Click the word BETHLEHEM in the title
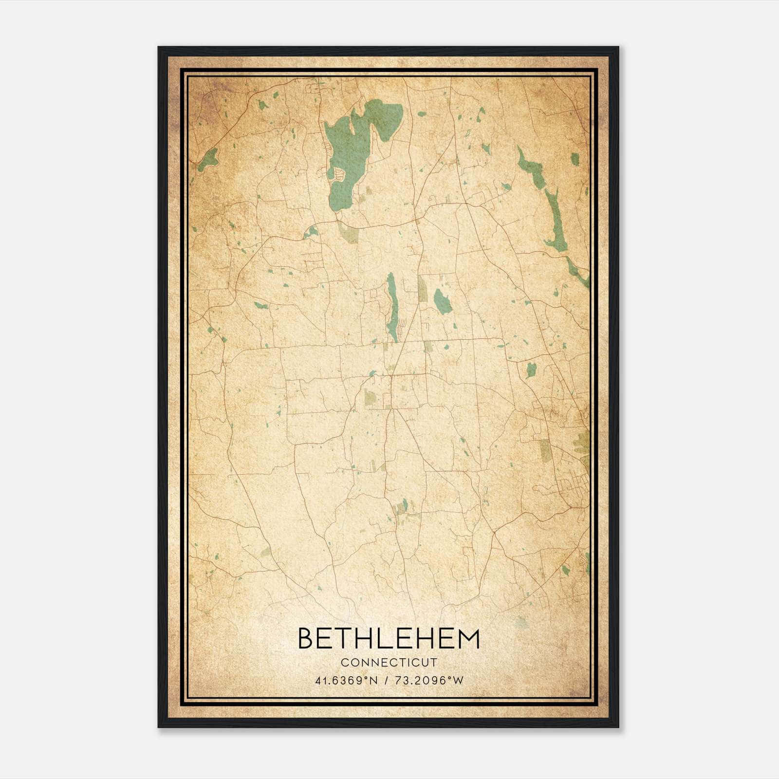[x=389, y=639]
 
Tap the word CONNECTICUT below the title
[x=389, y=663]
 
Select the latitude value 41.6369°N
[x=347, y=681]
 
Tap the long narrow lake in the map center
[x=391, y=307]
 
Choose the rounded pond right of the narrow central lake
[x=442, y=301]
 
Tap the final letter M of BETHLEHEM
[x=470, y=639]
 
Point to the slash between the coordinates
[x=386, y=681]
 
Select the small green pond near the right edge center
[x=531, y=370]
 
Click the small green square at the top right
[x=575, y=159]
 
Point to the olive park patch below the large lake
[x=350, y=233]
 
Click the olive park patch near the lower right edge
[x=545, y=451]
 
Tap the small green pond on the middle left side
[x=260, y=306]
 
